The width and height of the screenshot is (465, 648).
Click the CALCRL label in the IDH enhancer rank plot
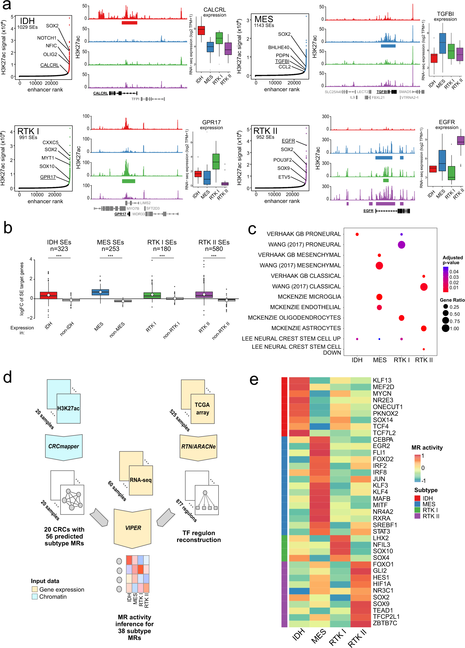click(x=49, y=65)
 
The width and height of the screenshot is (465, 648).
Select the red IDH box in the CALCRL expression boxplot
click(x=201, y=30)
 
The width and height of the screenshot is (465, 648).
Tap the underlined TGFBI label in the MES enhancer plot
click(x=282, y=61)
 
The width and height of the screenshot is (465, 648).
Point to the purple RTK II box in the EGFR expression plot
click(x=460, y=141)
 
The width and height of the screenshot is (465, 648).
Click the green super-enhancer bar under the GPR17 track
click(x=128, y=181)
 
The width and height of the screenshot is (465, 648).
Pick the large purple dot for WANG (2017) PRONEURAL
click(x=401, y=245)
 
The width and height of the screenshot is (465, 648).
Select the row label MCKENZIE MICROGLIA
click(x=309, y=297)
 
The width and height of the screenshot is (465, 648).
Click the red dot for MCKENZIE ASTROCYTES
click(x=423, y=328)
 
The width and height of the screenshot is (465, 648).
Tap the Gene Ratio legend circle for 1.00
click(x=445, y=328)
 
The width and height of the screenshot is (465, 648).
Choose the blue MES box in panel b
click(x=100, y=292)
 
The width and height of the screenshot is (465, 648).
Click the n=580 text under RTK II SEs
click(x=214, y=249)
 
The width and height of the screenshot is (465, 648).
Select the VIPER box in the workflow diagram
click(x=133, y=528)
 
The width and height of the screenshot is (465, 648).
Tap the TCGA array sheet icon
click(x=202, y=409)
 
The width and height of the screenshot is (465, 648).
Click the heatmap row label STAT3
click(x=381, y=531)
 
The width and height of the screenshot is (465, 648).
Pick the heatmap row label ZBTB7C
click(x=384, y=623)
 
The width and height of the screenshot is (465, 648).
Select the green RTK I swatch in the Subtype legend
click(x=417, y=510)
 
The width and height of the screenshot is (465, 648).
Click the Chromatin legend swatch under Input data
click(x=34, y=597)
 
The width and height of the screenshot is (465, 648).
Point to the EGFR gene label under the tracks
click(x=368, y=211)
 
